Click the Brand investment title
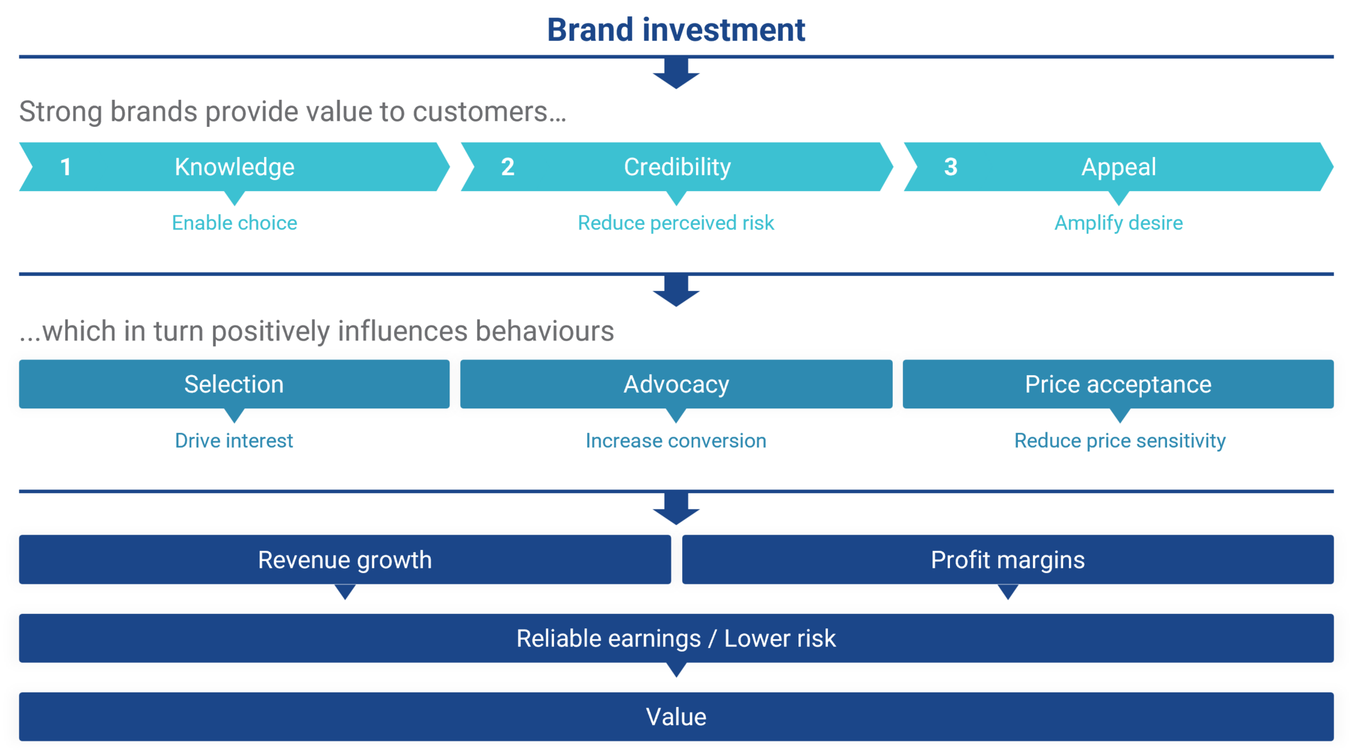point(676,30)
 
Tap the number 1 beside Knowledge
point(65,167)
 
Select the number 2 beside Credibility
point(507,167)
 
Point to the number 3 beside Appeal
point(951,167)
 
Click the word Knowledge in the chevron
point(235,167)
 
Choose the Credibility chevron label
point(677,167)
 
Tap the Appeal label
point(1118,167)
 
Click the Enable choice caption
point(235,223)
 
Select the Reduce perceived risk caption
point(676,223)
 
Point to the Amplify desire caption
point(1118,223)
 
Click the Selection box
point(234,384)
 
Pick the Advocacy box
point(676,384)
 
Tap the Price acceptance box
point(1118,384)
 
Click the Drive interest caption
point(234,441)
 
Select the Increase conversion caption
point(676,441)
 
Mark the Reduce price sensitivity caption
point(1120,441)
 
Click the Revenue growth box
point(345,560)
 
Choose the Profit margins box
point(1008,560)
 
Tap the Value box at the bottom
point(676,717)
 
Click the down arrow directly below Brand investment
point(676,74)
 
